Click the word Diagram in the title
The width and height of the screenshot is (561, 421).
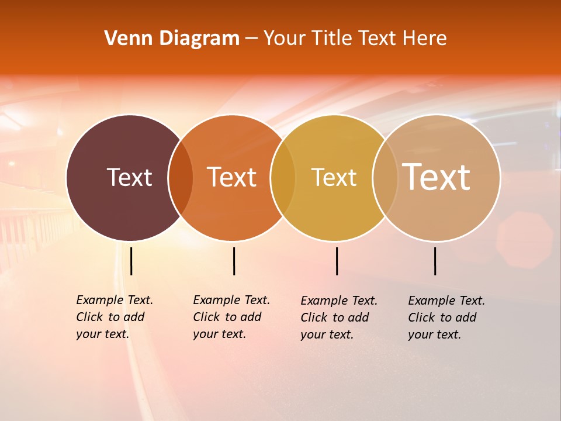point(199,39)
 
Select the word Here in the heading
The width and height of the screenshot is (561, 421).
point(427,39)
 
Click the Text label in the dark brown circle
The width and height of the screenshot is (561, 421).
point(129,177)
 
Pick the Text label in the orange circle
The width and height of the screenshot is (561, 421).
point(232,177)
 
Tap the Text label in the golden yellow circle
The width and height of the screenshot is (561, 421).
point(334,178)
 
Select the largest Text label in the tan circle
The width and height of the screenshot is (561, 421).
point(437,177)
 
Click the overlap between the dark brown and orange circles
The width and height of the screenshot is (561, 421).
point(181,178)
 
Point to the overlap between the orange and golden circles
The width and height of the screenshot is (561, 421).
point(283,178)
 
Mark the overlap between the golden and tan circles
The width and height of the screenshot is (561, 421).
point(385,178)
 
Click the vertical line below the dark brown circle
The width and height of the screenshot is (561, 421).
point(131,261)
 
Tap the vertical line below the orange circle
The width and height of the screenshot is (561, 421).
point(234,261)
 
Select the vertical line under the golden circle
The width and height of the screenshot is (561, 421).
point(337,261)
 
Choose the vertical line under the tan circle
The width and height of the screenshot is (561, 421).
point(435,261)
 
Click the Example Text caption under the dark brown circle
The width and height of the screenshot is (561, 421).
point(114,317)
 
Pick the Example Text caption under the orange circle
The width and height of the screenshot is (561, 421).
point(231,317)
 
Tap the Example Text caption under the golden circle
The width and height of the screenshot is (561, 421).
point(338,318)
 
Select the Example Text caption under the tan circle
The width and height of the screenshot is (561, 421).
point(446,318)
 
